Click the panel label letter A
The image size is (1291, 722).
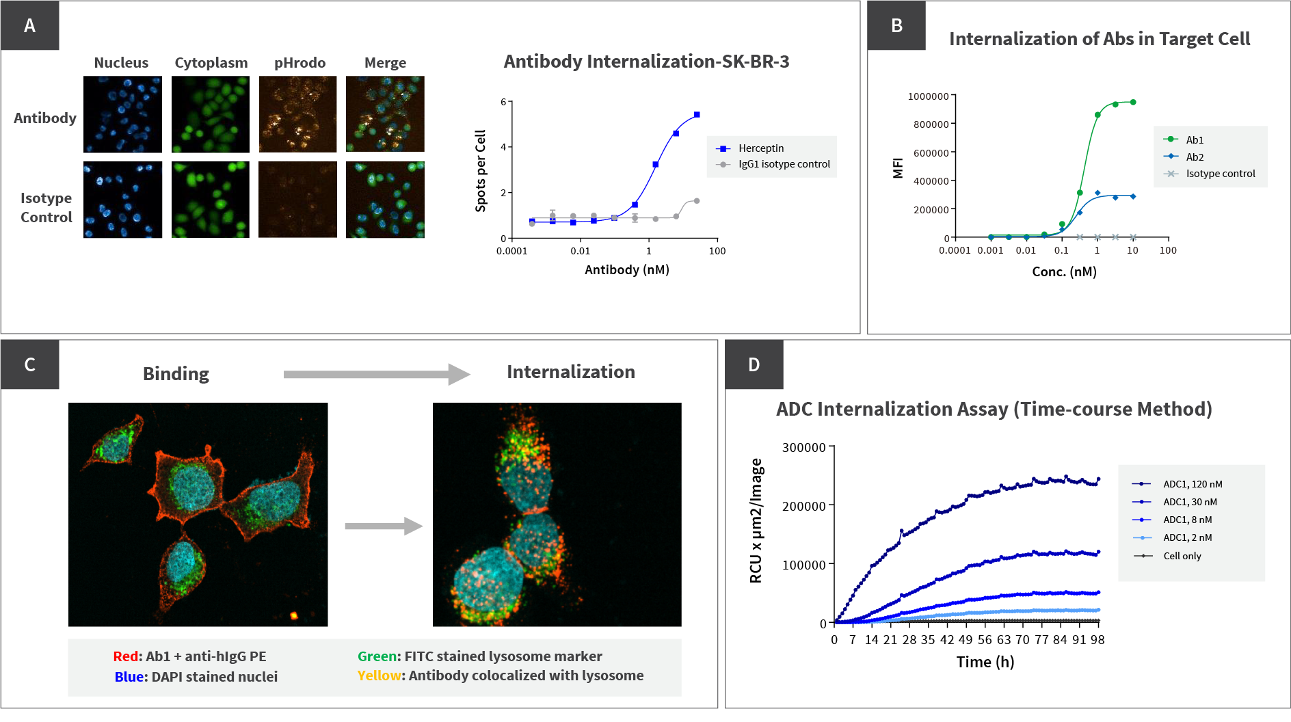[29, 26]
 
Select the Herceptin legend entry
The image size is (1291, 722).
[760, 148]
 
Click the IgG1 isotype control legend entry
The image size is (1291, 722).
[784, 164]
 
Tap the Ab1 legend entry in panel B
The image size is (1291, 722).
[1194, 139]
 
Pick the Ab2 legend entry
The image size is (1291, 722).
[1194, 157]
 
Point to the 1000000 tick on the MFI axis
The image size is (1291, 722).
[928, 96]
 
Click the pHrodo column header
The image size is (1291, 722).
[300, 63]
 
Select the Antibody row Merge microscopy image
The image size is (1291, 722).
[385, 114]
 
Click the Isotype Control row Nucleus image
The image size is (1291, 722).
[122, 200]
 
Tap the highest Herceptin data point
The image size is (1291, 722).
[697, 115]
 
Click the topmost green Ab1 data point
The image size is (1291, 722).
[1133, 103]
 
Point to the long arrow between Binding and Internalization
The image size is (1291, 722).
[376, 374]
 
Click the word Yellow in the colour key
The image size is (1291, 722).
[379, 676]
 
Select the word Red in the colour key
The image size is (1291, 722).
[126, 656]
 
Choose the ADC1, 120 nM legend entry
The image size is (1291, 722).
[1193, 484]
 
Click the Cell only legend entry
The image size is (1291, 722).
[1182, 556]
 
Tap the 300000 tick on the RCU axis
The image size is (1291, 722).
[804, 448]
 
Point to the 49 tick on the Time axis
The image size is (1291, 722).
[966, 640]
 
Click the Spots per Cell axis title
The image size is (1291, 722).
[481, 171]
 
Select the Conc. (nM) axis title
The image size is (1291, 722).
[1064, 271]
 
